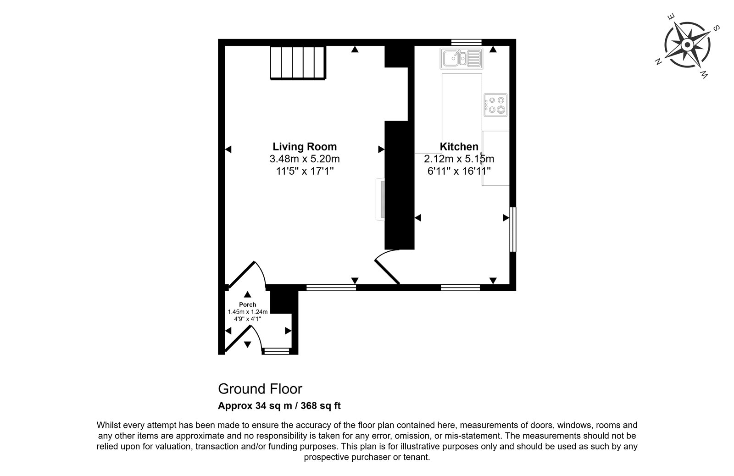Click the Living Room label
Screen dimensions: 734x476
[x=305, y=146]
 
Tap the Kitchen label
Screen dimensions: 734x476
[x=459, y=146]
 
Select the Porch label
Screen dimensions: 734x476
[x=247, y=304]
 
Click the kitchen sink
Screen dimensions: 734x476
[x=462, y=59]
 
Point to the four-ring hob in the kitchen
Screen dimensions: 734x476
[x=495, y=105]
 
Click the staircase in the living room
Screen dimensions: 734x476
[x=298, y=63]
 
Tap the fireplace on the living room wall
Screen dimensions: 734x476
[x=380, y=199]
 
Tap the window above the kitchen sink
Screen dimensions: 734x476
[x=466, y=42]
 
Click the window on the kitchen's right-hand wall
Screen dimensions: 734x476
[x=513, y=229]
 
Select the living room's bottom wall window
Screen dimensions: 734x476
[x=331, y=288]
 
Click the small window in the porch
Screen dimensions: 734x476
[x=277, y=352]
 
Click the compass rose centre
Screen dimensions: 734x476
[x=688, y=45]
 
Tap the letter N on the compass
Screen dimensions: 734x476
[x=658, y=61]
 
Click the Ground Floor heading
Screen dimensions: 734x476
[x=260, y=389]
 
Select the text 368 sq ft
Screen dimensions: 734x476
[x=321, y=406]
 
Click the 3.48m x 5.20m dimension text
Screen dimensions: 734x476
[x=305, y=159]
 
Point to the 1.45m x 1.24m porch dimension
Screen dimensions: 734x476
[x=248, y=312]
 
